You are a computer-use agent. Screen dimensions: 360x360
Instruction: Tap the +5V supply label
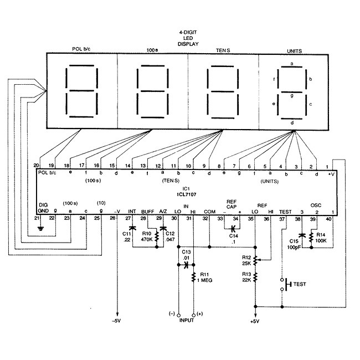coord(255,321)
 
